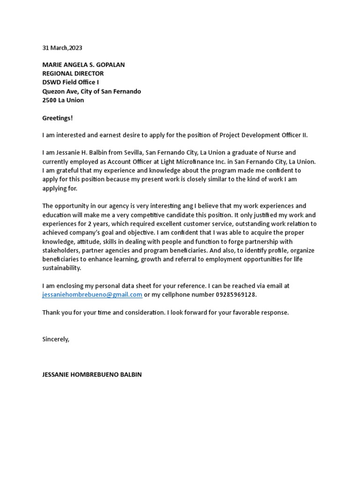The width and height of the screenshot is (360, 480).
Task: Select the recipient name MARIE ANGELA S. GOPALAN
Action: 83,65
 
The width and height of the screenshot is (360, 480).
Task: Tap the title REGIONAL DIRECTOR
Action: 73,74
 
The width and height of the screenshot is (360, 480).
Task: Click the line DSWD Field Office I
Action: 70,82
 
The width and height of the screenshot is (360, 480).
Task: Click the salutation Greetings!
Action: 58,118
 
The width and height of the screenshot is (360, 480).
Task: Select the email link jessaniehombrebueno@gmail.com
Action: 92,294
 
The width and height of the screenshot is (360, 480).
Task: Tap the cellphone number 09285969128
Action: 235,294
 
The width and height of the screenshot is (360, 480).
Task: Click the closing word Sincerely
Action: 55,339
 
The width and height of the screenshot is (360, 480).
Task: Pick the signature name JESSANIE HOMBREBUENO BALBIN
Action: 92,375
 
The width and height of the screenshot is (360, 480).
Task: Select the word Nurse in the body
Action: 286,152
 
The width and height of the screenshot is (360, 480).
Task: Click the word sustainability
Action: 61,268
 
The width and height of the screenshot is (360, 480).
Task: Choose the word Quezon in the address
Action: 54,91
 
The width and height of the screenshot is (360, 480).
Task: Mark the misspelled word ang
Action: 180,206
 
